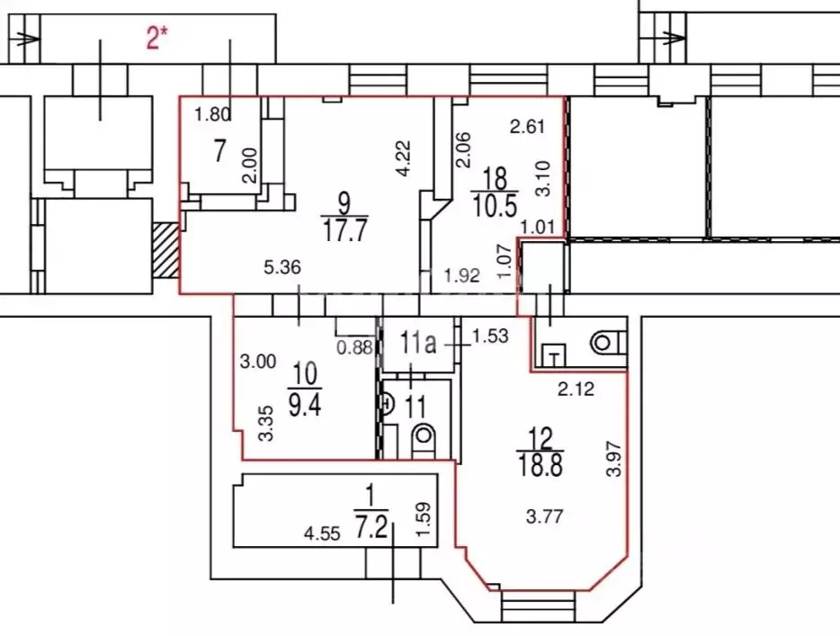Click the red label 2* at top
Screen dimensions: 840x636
coord(156,38)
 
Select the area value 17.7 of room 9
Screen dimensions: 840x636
coord(345,231)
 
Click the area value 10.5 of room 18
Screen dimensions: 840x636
coord(494,206)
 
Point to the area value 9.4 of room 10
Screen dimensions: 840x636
coord(305,404)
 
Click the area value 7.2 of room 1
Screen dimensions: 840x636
coord(371,525)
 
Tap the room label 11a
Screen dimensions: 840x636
coord(418,343)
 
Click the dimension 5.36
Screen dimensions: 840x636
coord(282,267)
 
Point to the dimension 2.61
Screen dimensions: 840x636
coord(527,127)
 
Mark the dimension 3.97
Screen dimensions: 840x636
coord(614,458)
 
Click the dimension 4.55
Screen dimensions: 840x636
coord(322,533)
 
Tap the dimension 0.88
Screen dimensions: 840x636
coord(354,347)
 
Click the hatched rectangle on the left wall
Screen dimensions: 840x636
coord(165,250)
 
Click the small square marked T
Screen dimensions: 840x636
coord(555,355)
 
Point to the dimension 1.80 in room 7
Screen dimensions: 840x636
coord(212,114)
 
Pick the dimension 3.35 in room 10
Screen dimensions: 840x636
coord(265,424)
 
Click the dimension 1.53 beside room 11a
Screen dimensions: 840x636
coord(490,336)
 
